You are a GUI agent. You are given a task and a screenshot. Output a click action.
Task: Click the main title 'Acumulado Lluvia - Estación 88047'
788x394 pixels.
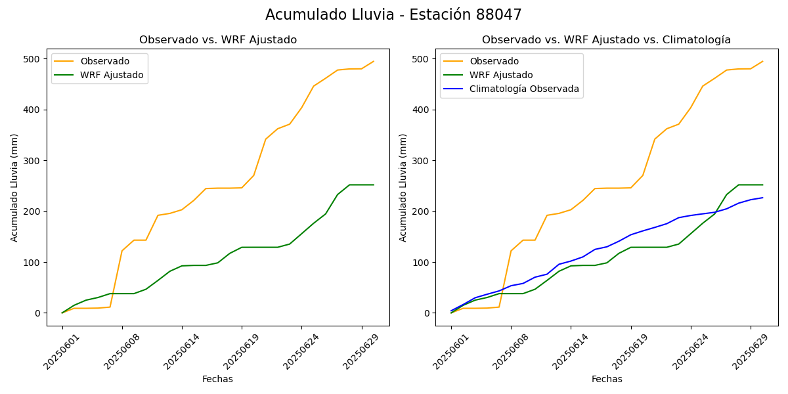coord(393,15)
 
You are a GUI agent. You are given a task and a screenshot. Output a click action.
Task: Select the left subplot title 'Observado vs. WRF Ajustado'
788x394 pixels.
coord(217,40)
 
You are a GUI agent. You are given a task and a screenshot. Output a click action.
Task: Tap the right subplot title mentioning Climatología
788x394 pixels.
coord(606,40)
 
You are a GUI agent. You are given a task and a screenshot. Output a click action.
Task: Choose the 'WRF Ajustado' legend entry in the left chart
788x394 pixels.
coord(112,75)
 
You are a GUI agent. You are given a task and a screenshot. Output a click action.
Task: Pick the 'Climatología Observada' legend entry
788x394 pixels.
coord(524,89)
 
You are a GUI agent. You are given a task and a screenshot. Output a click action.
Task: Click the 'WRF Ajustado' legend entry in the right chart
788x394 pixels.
coord(501,75)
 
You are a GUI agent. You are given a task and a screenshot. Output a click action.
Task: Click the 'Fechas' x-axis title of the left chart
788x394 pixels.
coord(217,379)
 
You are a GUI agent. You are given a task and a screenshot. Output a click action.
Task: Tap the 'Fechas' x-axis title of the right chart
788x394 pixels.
coord(607,379)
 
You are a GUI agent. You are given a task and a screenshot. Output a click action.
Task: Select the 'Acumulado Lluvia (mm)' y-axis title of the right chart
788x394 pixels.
coord(403,187)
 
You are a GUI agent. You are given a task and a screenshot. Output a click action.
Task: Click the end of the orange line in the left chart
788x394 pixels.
coord(374,62)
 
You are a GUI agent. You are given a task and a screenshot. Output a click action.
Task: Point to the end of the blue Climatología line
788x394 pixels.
coord(762,198)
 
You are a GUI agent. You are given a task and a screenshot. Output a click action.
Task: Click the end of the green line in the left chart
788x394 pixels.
coord(374,185)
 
